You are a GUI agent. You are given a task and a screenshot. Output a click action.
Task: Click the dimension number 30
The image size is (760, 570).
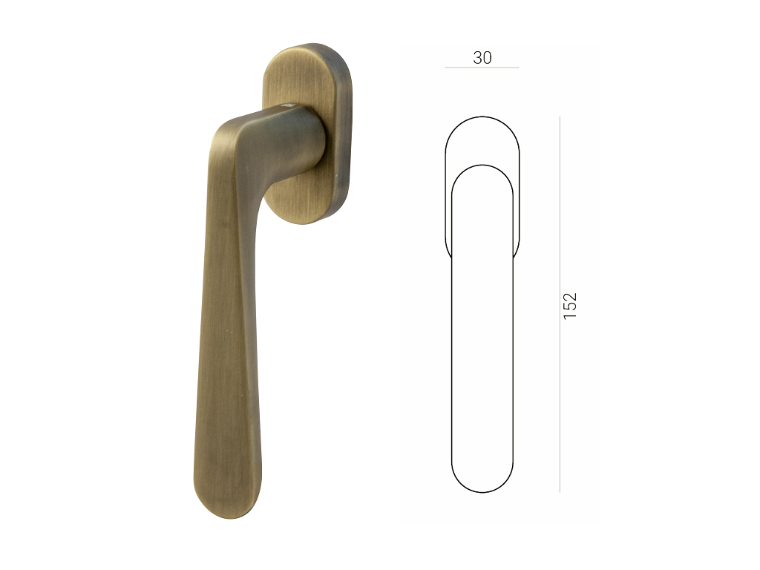click(x=482, y=58)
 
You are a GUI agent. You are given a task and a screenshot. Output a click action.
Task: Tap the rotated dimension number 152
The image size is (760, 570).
click(x=571, y=305)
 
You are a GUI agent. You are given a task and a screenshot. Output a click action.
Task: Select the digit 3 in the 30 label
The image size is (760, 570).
click(x=477, y=58)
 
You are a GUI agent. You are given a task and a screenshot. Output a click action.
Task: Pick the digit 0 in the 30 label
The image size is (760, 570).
click(x=487, y=58)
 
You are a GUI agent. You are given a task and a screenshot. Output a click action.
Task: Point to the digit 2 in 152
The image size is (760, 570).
click(x=571, y=296)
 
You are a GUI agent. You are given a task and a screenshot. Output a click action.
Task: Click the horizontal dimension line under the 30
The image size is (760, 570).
click(x=482, y=68)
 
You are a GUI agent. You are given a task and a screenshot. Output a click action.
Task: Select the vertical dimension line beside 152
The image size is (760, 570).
click(x=560, y=304)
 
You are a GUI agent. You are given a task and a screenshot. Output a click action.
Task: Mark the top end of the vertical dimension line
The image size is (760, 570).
click(x=560, y=117)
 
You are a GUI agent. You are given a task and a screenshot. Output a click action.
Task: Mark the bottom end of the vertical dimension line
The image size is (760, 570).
click(x=560, y=493)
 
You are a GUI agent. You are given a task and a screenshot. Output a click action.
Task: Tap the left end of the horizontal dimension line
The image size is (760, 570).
click(x=445, y=68)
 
